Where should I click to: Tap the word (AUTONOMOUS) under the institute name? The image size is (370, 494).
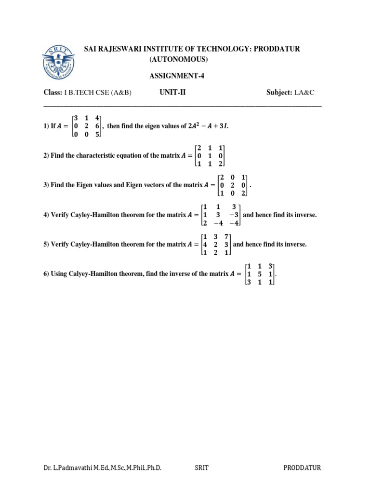(178, 60)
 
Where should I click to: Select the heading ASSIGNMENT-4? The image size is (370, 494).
(173, 76)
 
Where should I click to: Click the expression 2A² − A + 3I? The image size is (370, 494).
(209, 126)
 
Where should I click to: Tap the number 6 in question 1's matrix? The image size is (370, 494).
(97, 126)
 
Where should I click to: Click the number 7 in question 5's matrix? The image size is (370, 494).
(226, 236)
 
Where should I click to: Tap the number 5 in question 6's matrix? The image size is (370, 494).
(259, 274)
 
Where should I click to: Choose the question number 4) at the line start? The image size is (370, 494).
(46, 215)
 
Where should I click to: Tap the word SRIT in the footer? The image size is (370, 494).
(201, 467)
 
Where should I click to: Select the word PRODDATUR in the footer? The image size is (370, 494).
(302, 467)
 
